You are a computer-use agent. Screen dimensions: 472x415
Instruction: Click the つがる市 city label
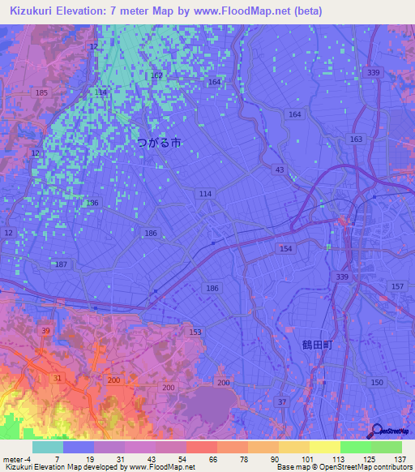[159, 142]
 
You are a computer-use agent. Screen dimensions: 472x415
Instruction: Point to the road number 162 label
[156, 75]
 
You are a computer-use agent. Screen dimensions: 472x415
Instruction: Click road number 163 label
[356, 139]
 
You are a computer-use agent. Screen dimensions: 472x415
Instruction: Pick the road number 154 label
[285, 248]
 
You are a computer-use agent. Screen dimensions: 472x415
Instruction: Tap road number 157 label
[397, 288]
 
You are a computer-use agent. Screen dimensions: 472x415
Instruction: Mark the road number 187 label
[61, 265]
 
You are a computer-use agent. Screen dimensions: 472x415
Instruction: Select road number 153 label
[195, 333]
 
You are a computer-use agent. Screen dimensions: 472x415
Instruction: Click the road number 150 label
[375, 382]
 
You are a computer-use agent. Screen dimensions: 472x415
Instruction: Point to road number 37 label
[281, 402]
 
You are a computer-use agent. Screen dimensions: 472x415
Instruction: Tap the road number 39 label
[45, 331]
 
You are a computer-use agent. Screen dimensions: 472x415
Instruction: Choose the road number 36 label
[93, 203]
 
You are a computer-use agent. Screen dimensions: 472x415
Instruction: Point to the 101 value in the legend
[309, 459]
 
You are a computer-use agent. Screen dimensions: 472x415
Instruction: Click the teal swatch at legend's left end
[47, 447]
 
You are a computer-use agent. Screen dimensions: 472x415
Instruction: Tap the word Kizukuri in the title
[36, 11]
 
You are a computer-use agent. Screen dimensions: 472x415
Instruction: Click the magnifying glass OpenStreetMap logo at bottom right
[376, 431]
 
